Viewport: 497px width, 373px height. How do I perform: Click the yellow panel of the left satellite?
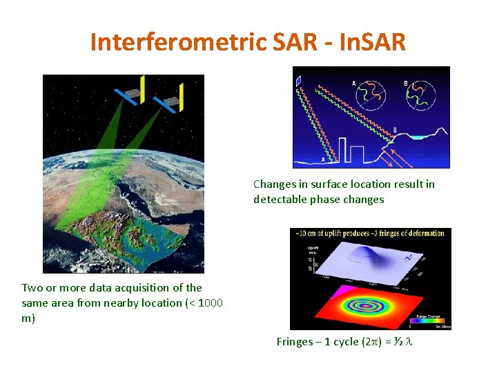tap(142, 89)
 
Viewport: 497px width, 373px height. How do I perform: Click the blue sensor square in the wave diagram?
tap(299, 81)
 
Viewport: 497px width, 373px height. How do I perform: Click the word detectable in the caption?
tap(280, 200)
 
